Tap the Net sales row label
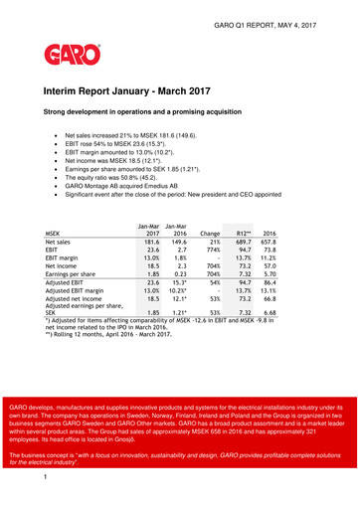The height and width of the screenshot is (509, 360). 58,243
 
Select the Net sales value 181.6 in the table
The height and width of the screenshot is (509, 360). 150,243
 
